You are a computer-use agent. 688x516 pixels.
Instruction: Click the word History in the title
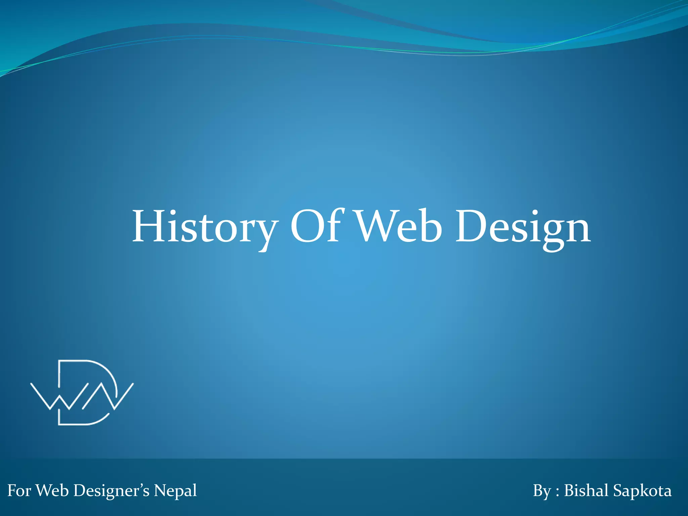pos(205,226)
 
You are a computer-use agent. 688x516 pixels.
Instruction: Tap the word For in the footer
pos(19,490)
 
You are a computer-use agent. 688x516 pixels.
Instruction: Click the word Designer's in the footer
pos(111,490)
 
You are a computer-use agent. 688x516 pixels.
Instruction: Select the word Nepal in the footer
pos(175,491)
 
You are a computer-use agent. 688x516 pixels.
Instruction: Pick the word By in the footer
pos(542,491)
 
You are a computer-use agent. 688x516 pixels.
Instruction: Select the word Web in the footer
pos(52,490)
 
